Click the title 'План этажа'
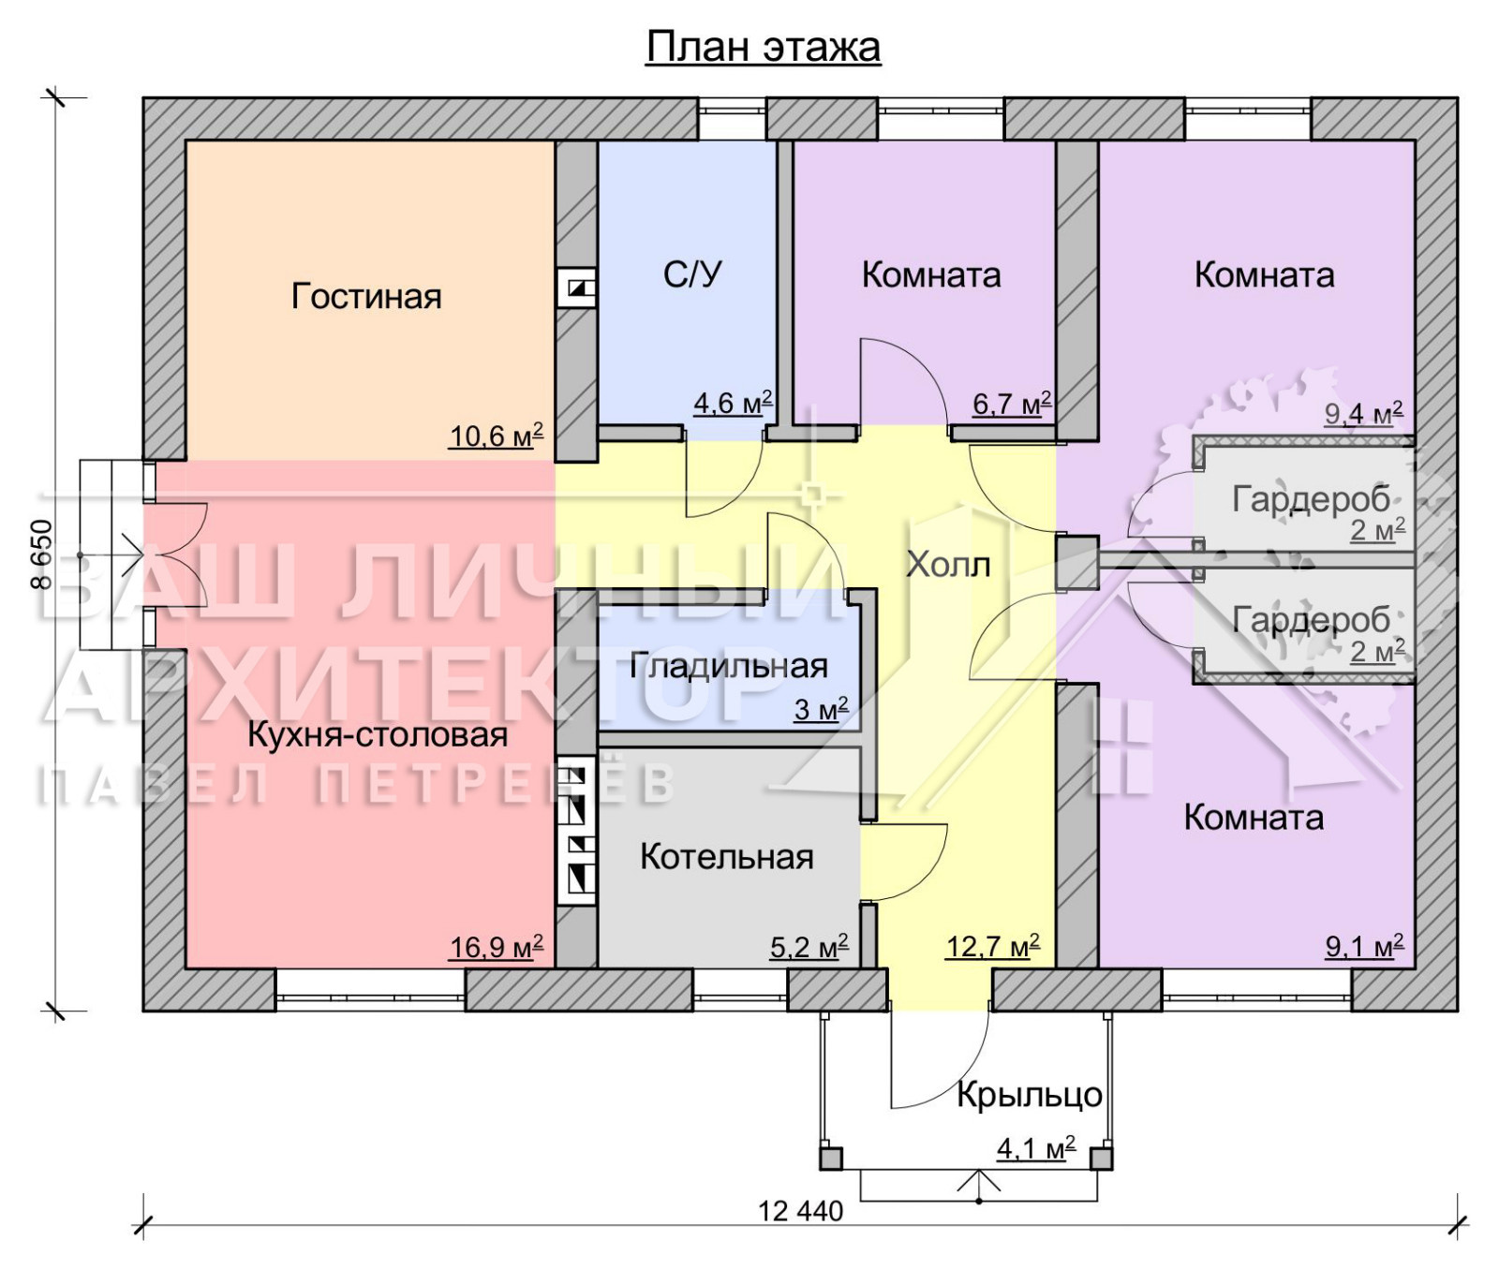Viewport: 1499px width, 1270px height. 763,47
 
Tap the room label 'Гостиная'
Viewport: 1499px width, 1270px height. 366,296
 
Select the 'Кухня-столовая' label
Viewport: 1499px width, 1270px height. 378,735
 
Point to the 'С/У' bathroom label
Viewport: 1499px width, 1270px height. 692,274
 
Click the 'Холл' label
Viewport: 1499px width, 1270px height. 948,564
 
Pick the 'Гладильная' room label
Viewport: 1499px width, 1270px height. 729,666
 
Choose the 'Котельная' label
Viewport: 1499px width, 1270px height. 727,857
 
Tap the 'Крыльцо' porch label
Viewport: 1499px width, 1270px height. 1030,1095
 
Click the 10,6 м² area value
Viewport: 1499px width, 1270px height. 497,436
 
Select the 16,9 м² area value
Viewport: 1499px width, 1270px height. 497,947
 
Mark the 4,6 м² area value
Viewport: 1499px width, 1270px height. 733,403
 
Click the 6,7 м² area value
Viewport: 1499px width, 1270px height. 1012,404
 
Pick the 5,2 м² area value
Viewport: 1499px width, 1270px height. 809,947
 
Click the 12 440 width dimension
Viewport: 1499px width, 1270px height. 801,1211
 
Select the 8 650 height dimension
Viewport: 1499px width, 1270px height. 41,554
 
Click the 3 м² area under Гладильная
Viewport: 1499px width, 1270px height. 821,709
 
